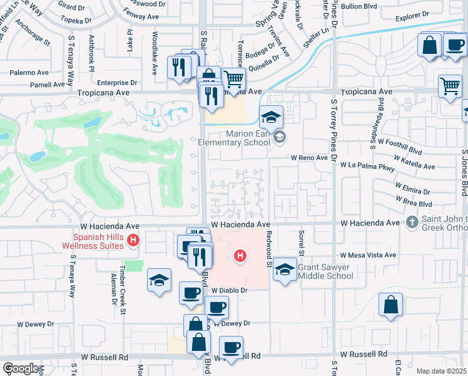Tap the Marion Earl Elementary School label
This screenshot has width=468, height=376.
point(239,138)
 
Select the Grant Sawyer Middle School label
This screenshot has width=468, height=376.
point(325,271)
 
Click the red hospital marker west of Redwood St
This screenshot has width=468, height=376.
point(238,256)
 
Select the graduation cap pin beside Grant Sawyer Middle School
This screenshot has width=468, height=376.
point(285,270)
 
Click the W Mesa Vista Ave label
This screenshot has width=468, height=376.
point(368,255)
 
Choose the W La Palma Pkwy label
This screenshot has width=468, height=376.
point(367,167)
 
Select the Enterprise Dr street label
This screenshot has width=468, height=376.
point(116,82)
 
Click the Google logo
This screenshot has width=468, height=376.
point(21,368)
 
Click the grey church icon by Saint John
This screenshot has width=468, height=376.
point(412,222)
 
